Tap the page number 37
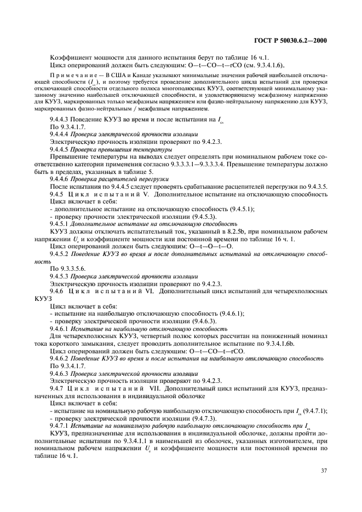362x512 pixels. pyautogui.click(x=323, y=469)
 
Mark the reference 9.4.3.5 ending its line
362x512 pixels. pyautogui.click(x=314, y=187)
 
